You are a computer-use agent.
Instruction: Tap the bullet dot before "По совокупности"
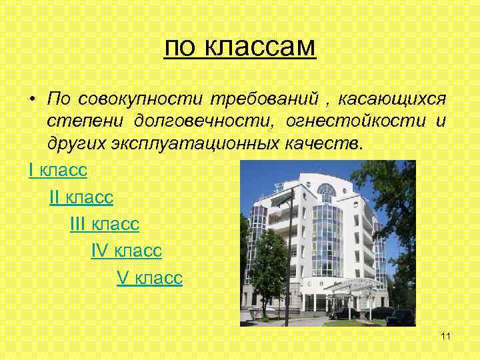pyautogui.click(x=31, y=99)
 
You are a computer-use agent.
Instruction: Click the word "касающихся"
pyautogui.click(x=392, y=99)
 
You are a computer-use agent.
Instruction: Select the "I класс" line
pyautogui.click(x=58, y=171)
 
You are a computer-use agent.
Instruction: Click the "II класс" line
pyautogui.click(x=81, y=197)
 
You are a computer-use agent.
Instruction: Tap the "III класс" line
pyautogui.click(x=104, y=224)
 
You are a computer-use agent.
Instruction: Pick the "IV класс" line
pyautogui.click(x=126, y=251)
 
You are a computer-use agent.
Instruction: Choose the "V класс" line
pyautogui.click(x=149, y=277)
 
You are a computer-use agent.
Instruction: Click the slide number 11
pyautogui.click(x=446, y=335)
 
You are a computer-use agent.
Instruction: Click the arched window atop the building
pyautogui.click(x=326, y=191)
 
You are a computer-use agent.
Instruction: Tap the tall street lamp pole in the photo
pyautogui.click(x=287, y=260)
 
